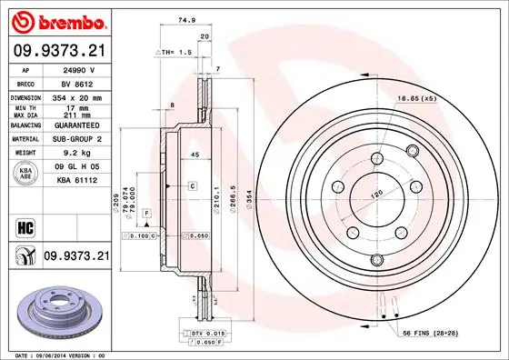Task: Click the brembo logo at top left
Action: (56, 19)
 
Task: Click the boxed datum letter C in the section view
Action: (193, 185)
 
